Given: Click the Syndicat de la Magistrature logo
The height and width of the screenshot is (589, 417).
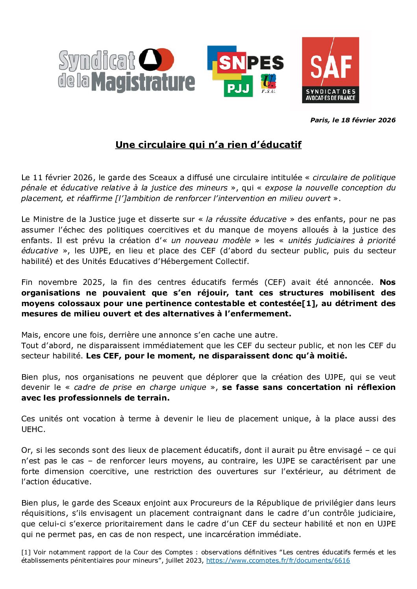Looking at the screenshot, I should [x=126, y=71].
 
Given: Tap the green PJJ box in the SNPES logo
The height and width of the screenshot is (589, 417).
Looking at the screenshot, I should [x=239, y=88].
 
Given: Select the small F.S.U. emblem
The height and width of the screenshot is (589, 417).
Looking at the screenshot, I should [x=268, y=84].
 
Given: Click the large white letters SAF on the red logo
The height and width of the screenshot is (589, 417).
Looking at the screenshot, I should [x=330, y=66].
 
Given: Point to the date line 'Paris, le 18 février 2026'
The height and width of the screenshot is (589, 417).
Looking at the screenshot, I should [x=352, y=120].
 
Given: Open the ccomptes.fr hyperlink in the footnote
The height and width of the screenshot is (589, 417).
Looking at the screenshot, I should [x=278, y=560].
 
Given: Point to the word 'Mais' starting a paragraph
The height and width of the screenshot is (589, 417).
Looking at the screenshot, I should [x=31, y=335].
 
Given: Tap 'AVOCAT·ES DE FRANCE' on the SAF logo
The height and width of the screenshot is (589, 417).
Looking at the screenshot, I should [x=330, y=98].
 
